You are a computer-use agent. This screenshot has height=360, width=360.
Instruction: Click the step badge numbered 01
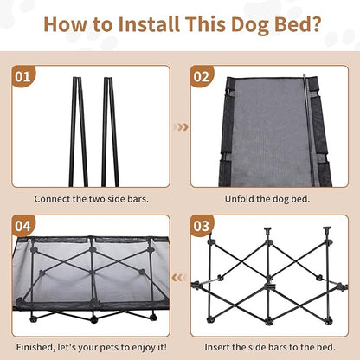[x=22, y=77]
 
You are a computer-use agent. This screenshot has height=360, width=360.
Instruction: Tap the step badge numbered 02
[x=202, y=77]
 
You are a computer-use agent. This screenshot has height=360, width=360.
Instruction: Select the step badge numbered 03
[x=202, y=227]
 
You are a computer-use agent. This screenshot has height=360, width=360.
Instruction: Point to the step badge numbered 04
[x=22, y=227]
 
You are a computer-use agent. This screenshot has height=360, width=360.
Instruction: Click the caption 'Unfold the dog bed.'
[x=269, y=198]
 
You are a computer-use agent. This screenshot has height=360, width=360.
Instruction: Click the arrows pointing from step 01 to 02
[x=180, y=127]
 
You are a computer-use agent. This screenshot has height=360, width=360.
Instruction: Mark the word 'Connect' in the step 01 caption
[x=54, y=198]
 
